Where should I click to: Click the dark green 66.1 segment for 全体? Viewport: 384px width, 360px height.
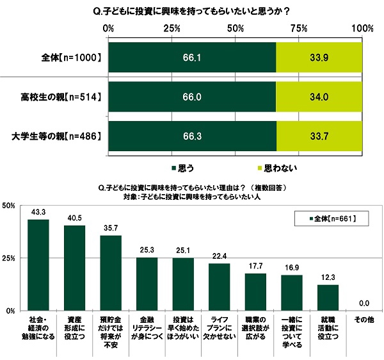coord(192,58)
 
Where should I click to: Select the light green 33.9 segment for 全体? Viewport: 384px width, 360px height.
coord(319,58)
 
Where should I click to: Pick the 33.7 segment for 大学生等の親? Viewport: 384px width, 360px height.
coord(319,136)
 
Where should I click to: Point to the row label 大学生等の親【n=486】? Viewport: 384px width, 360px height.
coord(57,136)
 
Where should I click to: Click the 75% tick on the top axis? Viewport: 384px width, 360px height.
coord(298,28)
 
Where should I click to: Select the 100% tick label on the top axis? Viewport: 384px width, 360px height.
coord(362,28)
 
